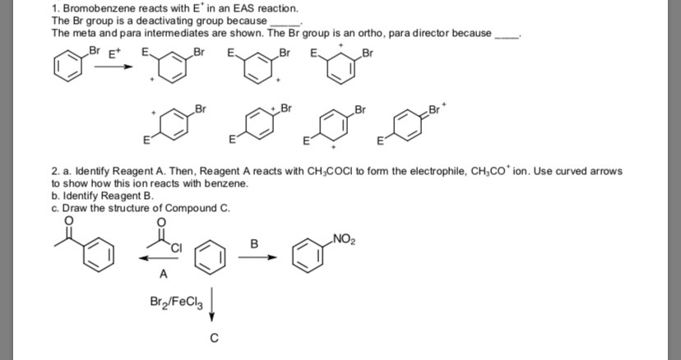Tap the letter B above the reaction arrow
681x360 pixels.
pyautogui.click(x=254, y=244)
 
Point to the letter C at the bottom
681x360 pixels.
pyautogui.click(x=214, y=338)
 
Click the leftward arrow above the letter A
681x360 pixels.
pyautogui.click(x=160, y=258)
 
